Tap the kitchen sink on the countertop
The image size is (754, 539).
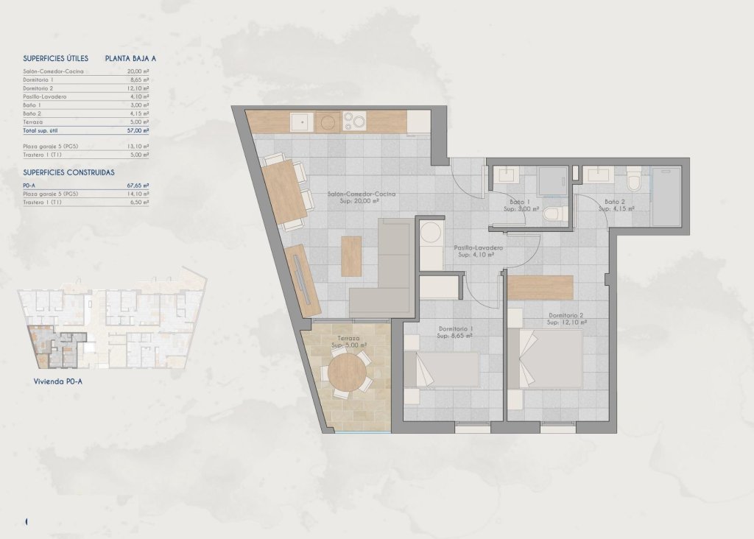point(300,121)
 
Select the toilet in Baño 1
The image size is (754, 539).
point(553,214)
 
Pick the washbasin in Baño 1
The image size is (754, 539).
point(506,175)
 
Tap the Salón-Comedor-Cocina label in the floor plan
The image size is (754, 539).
point(362,194)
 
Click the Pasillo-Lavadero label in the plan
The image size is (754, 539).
point(479,248)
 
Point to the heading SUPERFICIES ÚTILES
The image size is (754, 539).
point(56,57)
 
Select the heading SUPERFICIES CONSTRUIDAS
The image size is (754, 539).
point(68,172)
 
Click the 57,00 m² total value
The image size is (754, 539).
point(137,130)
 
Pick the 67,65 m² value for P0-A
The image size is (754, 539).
point(138,186)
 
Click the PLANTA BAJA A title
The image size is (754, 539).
point(130,57)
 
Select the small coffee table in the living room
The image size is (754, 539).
point(351,256)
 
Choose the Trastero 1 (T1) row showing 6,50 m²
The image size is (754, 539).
point(85,202)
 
